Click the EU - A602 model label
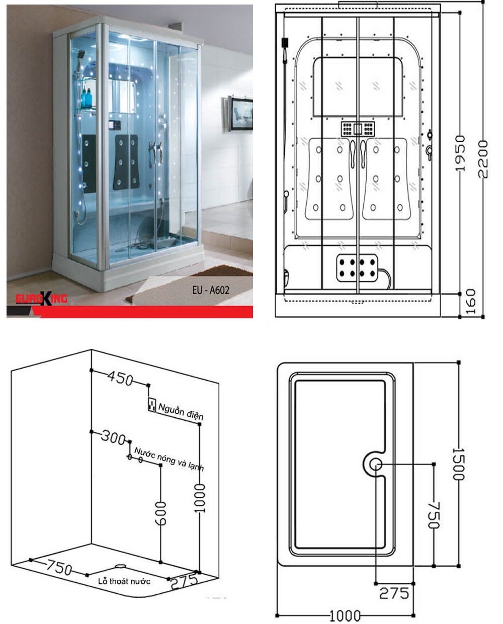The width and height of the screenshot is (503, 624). (x=211, y=290)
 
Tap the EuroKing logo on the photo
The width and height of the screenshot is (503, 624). (x=41, y=298)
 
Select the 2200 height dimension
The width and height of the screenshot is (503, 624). (x=483, y=159)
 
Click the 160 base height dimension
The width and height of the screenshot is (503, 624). (x=470, y=302)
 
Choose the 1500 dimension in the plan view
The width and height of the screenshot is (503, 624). (x=459, y=464)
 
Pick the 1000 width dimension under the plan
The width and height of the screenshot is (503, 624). (x=345, y=615)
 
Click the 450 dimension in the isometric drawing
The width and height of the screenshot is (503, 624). (x=120, y=378)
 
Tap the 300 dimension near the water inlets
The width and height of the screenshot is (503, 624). (x=113, y=437)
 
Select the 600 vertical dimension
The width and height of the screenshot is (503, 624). (x=160, y=513)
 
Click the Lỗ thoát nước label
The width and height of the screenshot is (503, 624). (x=124, y=581)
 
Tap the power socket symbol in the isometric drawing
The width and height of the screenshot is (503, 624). (x=152, y=405)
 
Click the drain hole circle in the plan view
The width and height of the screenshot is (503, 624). (x=376, y=464)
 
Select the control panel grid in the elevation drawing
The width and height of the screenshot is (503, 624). (x=358, y=129)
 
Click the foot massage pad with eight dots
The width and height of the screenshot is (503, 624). (x=357, y=268)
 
